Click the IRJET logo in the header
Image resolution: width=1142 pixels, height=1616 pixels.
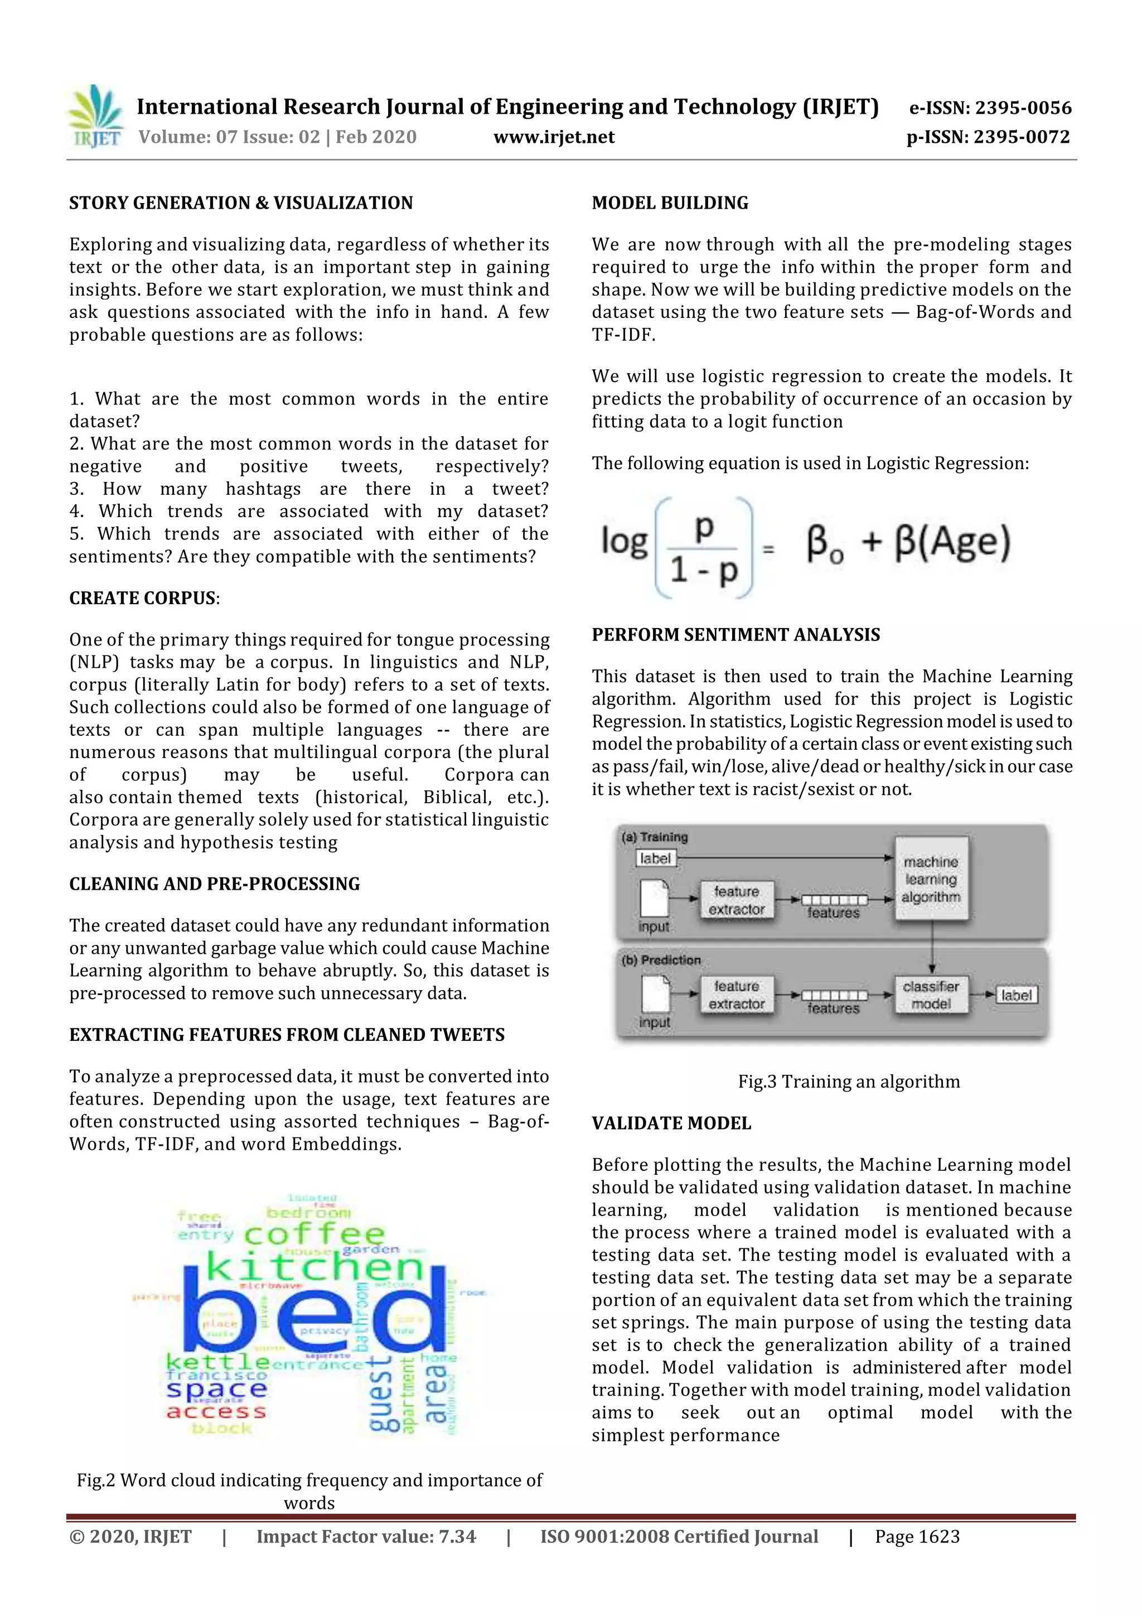pyautogui.click(x=96, y=117)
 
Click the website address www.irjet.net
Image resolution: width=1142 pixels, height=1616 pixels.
pyautogui.click(x=554, y=137)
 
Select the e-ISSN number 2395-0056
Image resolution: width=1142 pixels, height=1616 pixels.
pyautogui.click(x=990, y=108)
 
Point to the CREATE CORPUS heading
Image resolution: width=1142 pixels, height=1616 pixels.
pyautogui.click(x=143, y=597)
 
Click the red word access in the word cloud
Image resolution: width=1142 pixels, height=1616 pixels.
pyautogui.click(x=216, y=1411)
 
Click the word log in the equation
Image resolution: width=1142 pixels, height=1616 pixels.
pyautogui.click(x=623, y=542)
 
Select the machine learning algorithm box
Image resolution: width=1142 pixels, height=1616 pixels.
pyautogui.click(x=930, y=879)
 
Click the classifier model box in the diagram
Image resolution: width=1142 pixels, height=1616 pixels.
pyautogui.click(x=930, y=995)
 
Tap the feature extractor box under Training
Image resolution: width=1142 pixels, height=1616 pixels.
pyautogui.click(x=737, y=900)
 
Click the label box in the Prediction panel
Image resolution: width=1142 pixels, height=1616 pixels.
pyautogui.click(x=1016, y=995)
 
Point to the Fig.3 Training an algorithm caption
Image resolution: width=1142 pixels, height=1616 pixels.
pyautogui.click(x=849, y=1081)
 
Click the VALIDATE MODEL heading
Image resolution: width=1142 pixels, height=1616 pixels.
pyautogui.click(x=671, y=1123)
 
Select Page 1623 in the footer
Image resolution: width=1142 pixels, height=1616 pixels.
pyautogui.click(x=917, y=1536)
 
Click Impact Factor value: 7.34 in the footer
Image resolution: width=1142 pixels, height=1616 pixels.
pyautogui.click(x=366, y=1536)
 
